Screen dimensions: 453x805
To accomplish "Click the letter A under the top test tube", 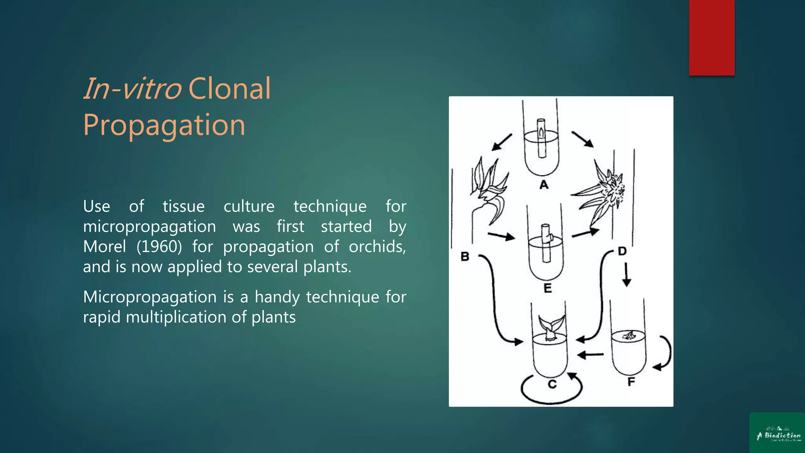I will [544, 184].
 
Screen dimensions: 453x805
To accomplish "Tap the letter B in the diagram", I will [465, 257].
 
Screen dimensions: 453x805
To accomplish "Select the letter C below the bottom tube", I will [552, 384].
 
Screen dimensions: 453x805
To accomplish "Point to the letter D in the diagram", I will [622, 251].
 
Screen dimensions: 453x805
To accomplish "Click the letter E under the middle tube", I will [548, 288].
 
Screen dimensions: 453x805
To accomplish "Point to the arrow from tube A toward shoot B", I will [502, 142].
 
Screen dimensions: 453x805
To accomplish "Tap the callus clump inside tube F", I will [629, 335].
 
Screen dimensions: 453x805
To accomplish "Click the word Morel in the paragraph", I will [105, 247].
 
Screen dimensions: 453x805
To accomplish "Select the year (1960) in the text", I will [159, 247].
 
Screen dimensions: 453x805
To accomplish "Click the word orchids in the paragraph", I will [377, 247].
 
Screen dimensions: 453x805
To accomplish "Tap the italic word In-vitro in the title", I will [132, 89].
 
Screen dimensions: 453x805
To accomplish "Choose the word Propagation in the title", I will [164, 125].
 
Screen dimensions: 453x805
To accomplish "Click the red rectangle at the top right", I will [711, 37].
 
